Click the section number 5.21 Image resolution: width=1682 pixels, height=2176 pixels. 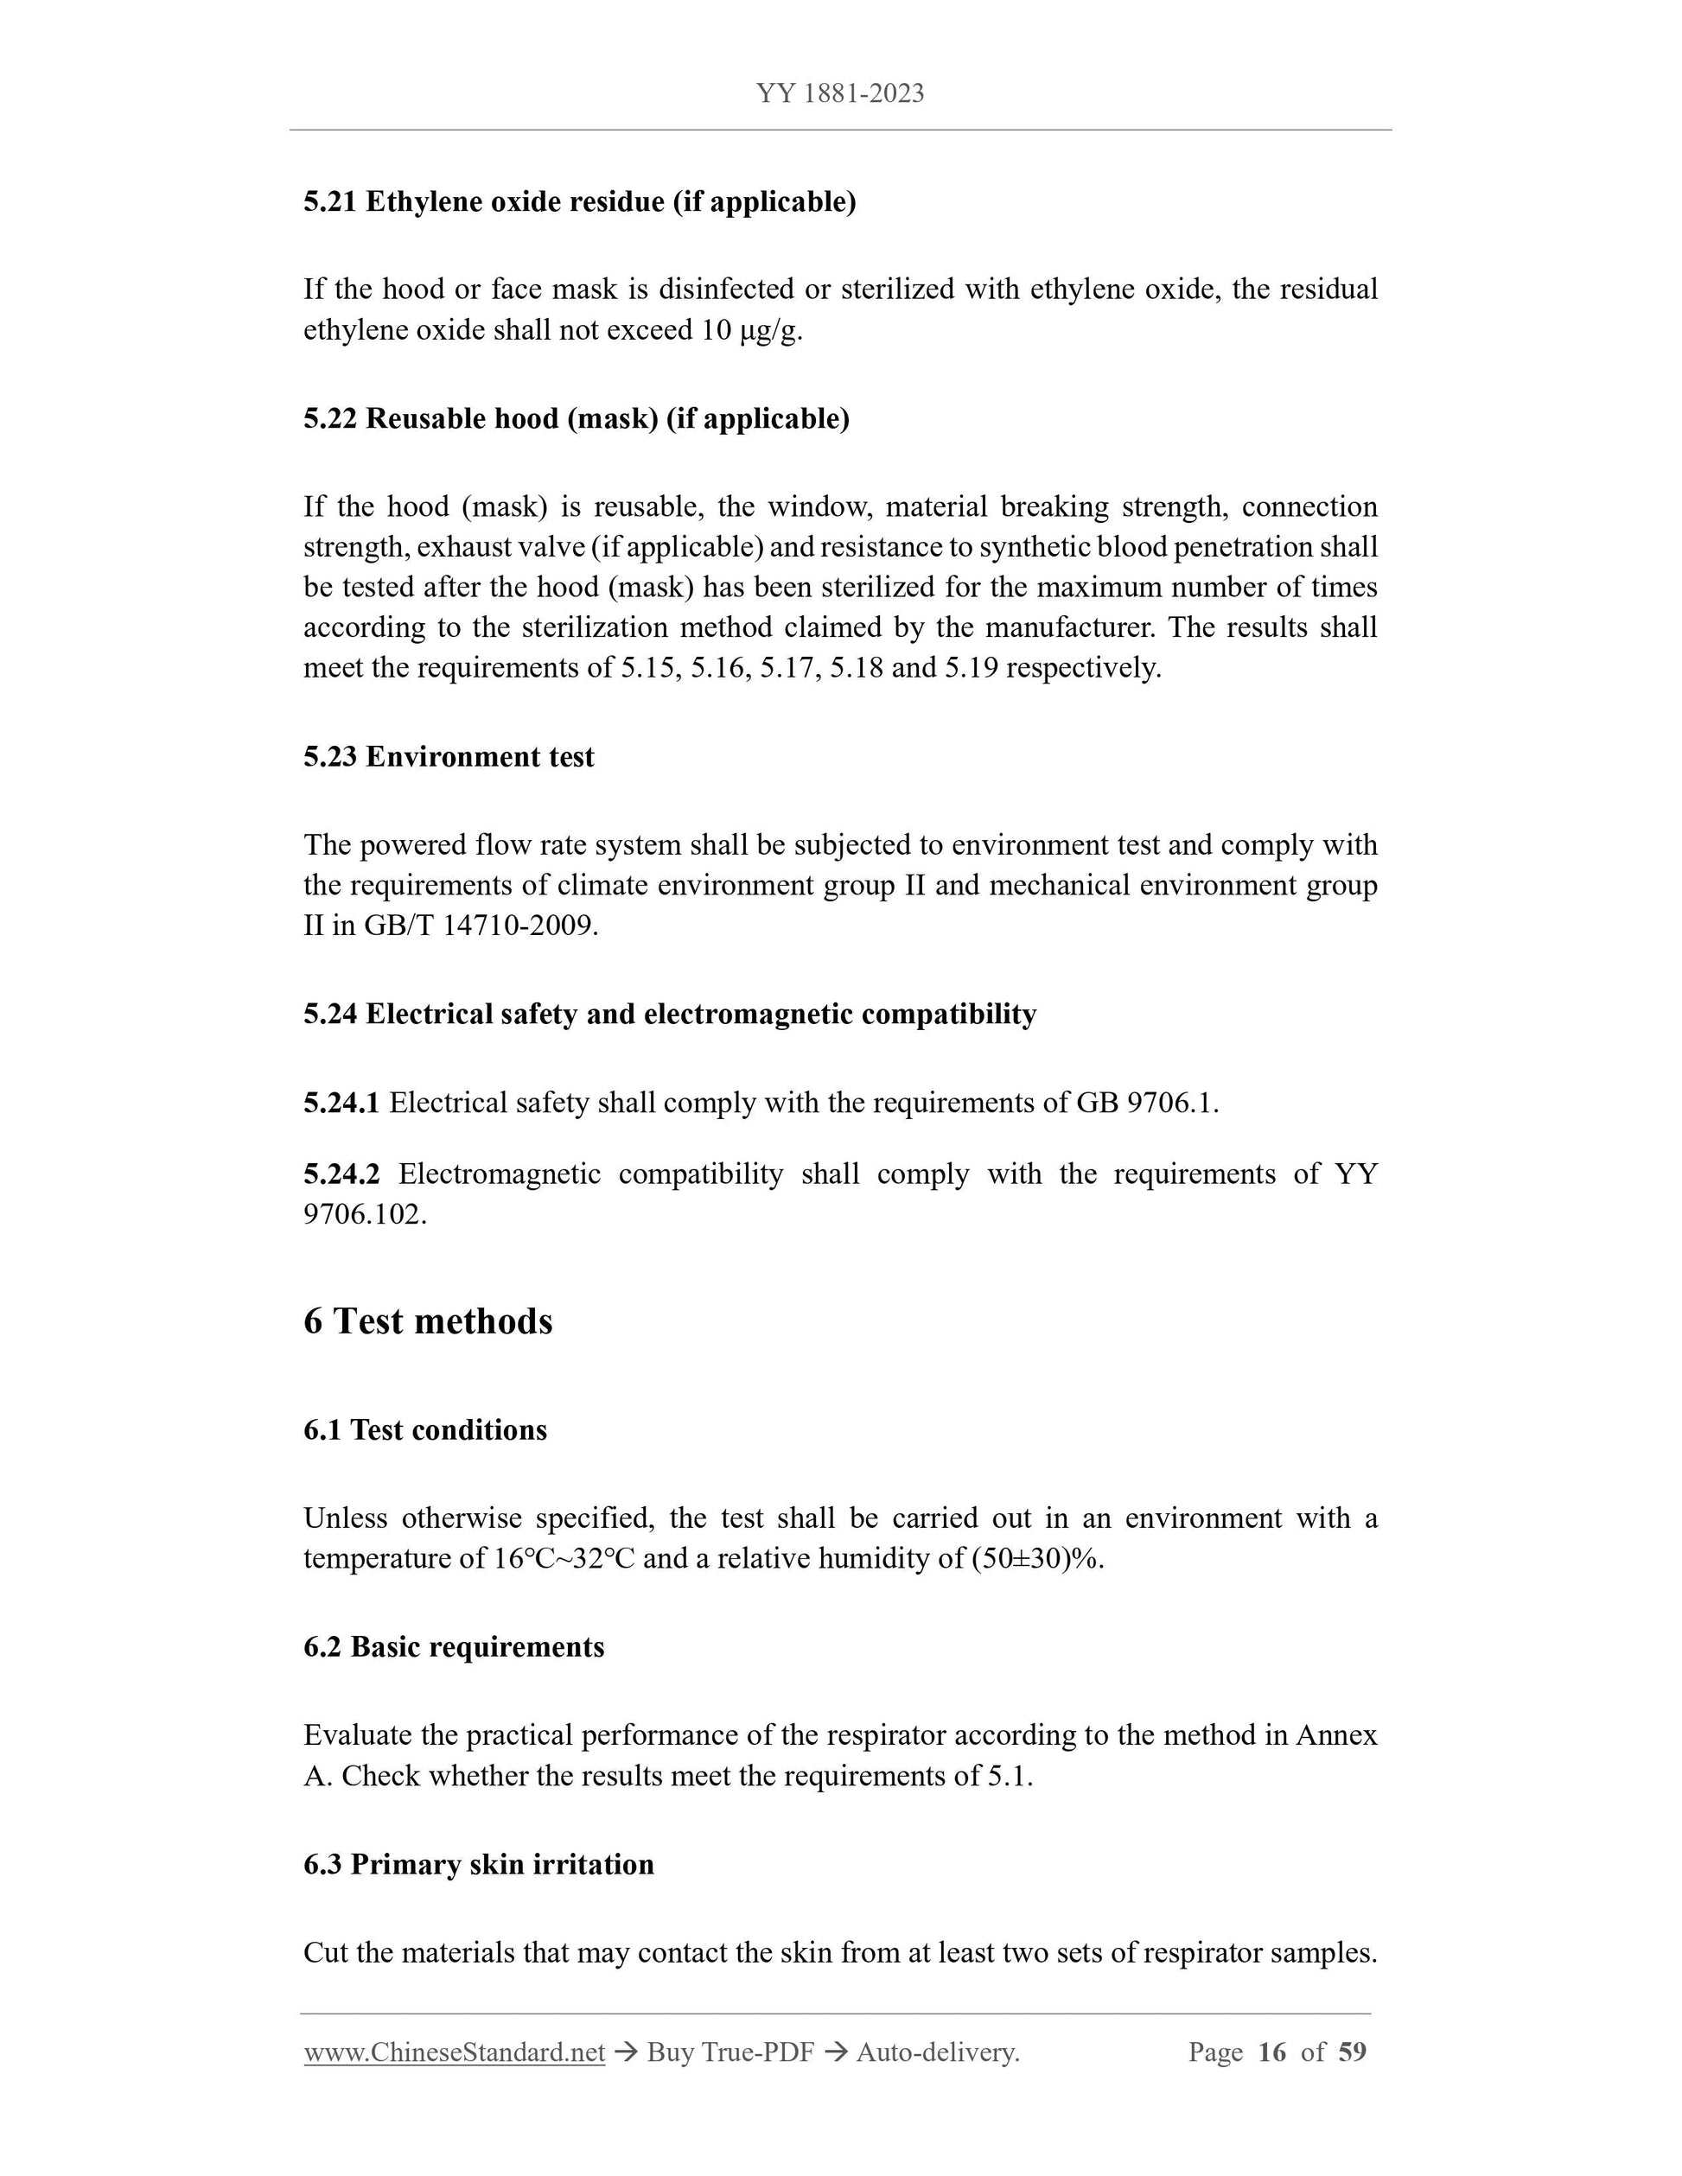click(x=330, y=202)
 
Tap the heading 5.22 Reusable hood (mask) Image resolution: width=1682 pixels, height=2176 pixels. click(x=576, y=418)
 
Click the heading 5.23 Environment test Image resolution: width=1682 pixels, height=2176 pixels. click(x=449, y=757)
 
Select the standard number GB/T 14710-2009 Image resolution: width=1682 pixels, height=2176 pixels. click(x=481, y=926)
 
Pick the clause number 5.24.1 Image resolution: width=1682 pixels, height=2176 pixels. click(x=341, y=1103)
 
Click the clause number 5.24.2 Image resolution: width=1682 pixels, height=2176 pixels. click(x=341, y=1174)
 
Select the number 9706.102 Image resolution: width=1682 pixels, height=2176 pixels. click(x=364, y=1214)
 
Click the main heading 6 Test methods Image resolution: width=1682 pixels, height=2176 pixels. click(x=428, y=1321)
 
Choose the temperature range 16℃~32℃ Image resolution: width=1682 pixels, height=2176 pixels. click(x=564, y=1558)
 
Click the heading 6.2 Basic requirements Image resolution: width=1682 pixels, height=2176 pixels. click(x=454, y=1647)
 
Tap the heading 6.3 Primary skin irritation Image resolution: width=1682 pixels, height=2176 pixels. click(x=478, y=1864)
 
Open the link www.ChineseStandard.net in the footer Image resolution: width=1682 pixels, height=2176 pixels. click(x=455, y=2052)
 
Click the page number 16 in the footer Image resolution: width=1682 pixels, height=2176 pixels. click(x=1272, y=2052)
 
